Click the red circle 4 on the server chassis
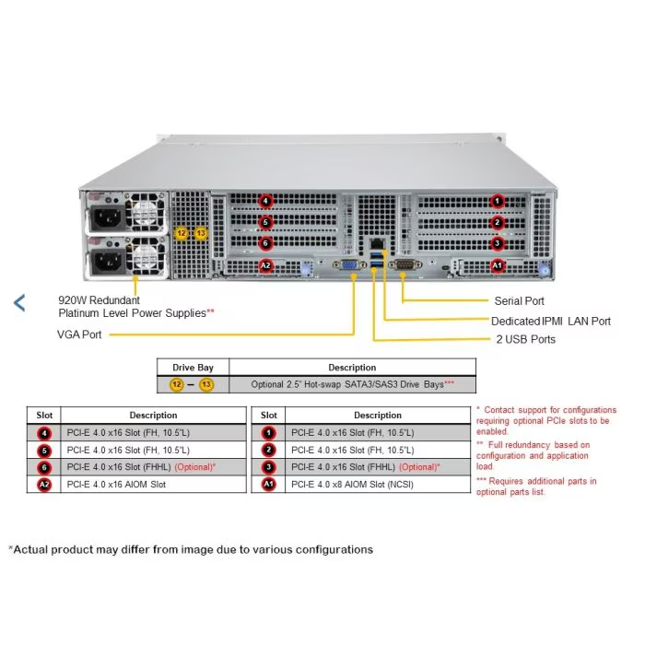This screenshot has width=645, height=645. (265, 201)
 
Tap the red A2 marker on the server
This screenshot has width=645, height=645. (265, 266)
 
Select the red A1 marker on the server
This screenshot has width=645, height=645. (498, 266)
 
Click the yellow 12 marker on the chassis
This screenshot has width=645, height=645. (182, 234)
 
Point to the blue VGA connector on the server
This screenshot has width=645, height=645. (351, 267)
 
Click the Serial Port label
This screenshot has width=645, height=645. (520, 300)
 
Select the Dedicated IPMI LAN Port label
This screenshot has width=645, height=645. (551, 321)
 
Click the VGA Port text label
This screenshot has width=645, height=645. (79, 334)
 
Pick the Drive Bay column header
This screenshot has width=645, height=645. (193, 368)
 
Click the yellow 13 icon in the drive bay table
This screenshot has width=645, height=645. (206, 384)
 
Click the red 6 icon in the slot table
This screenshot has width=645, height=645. (44, 467)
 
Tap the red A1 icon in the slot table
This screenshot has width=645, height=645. (269, 484)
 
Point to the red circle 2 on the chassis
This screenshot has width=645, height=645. (498, 222)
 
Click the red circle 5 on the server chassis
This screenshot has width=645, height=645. (265, 222)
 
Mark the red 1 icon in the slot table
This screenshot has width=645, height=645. (269, 432)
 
